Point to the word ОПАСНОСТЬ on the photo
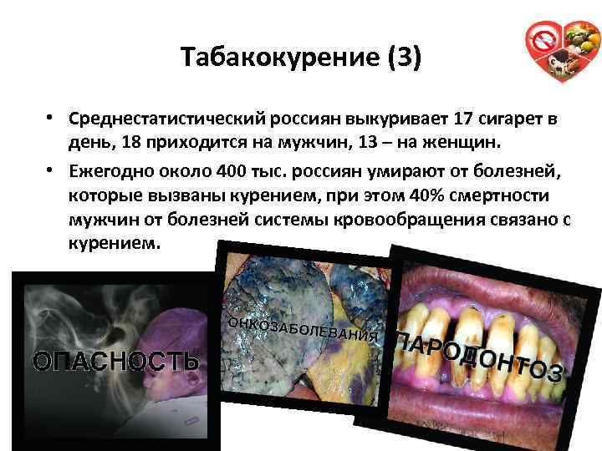(x=115, y=361)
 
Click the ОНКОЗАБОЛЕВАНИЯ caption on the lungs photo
(x=304, y=330)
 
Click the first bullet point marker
(x=50, y=120)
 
